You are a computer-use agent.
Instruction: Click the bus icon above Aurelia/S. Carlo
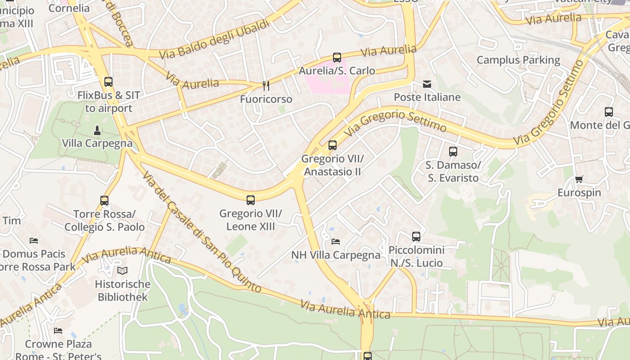pos(337,58)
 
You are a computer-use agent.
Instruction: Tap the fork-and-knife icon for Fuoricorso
pos(266,86)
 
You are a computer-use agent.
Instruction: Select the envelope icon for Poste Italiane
pos(427,84)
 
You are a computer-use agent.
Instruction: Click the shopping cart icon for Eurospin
pos(579,180)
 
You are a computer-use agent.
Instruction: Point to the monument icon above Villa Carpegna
pos(97,130)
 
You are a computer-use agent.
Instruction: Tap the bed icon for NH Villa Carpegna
pos(335,242)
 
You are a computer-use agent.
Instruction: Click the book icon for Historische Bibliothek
pos(122,270)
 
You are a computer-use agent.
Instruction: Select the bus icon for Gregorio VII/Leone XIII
pos(251,200)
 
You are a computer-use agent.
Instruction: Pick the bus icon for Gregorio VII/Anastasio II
pos(333,145)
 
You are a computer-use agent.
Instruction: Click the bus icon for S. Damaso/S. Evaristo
pos(453,152)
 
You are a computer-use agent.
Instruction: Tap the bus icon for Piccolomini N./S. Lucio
pos(416,237)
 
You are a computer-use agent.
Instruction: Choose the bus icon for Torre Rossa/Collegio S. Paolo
pos(104,201)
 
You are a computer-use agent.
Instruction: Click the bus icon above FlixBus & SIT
pos(108,82)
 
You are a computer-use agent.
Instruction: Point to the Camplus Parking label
pos(518,60)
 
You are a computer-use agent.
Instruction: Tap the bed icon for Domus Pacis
pos(34,241)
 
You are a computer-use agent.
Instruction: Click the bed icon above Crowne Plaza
pos(58,331)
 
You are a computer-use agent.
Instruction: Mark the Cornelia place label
pos(69,8)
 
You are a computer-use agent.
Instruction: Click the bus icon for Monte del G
pos(608,112)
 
